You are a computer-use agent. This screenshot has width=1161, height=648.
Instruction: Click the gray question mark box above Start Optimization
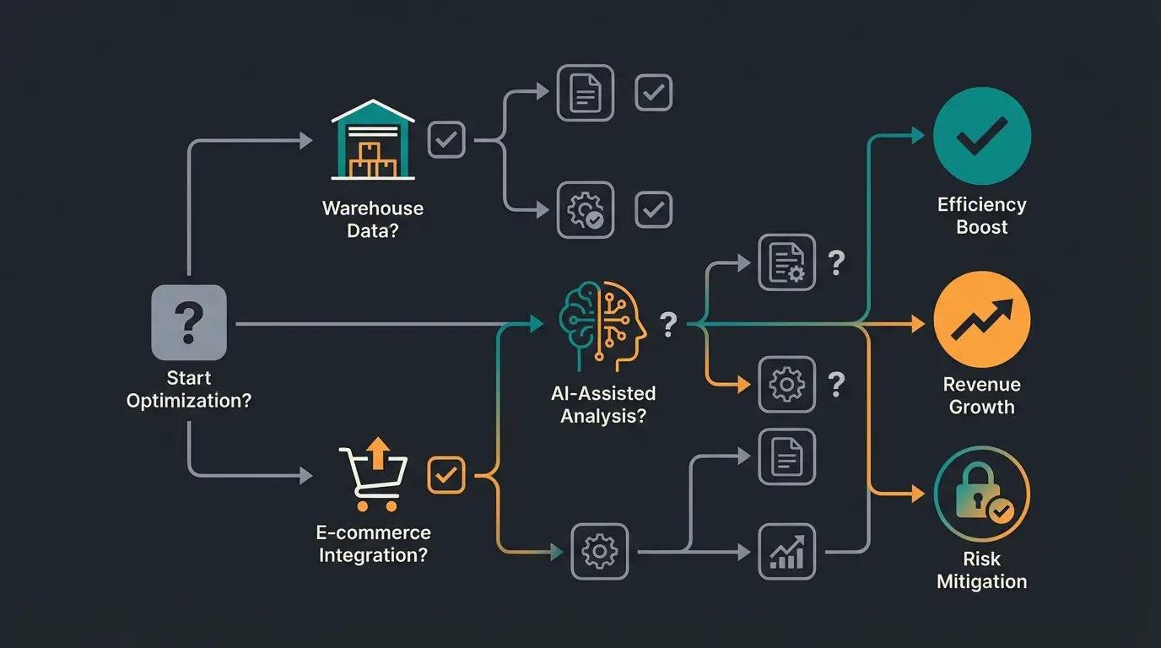(x=188, y=322)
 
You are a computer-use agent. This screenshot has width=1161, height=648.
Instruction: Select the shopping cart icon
(x=373, y=478)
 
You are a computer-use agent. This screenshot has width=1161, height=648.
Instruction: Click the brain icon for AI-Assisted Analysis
(x=602, y=325)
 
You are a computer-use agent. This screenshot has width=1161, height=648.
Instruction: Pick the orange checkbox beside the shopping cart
(x=446, y=475)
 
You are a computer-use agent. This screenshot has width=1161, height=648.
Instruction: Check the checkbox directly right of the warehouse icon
(x=446, y=139)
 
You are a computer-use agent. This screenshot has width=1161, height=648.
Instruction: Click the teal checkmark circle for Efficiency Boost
(x=981, y=136)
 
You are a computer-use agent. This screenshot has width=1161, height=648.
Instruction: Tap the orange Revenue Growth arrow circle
(x=981, y=320)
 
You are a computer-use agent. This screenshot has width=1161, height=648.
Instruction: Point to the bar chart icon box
(x=786, y=551)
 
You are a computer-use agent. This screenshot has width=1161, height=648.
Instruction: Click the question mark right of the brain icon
(x=667, y=324)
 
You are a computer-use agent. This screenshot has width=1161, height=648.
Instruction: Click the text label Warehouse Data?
(x=373, y=219)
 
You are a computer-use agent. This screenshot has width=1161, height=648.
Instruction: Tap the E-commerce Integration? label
(x=373, y=544)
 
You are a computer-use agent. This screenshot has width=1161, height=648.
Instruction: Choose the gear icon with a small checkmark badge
(x=586, y=209)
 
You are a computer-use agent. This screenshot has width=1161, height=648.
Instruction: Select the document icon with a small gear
(x=786, y=262)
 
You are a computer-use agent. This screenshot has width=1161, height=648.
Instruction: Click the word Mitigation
(x=981, y=581)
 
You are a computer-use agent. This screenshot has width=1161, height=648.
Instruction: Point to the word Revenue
(x=981, y=385)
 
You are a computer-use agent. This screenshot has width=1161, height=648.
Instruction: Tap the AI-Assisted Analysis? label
(x=602, y=404)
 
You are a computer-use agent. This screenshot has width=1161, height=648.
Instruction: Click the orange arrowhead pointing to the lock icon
(x=918, y=494)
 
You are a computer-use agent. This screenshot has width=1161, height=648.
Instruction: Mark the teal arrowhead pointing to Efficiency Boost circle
(x=918, y=136)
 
